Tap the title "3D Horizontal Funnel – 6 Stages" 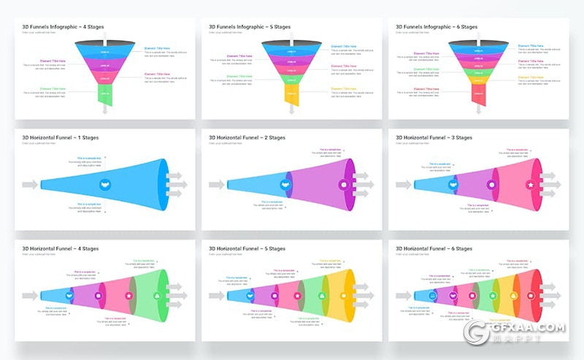tap(434, 249)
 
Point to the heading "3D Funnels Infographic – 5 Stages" tap(250, 27)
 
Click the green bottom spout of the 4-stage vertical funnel tap(105, 94)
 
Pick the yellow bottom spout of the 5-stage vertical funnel tap(292, 94)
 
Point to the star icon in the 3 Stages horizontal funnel tap(531, 185)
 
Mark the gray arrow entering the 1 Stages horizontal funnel tap(30, 185)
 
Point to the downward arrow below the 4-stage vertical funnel tap(105, 110)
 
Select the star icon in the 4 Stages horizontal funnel tap(129, 296)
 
